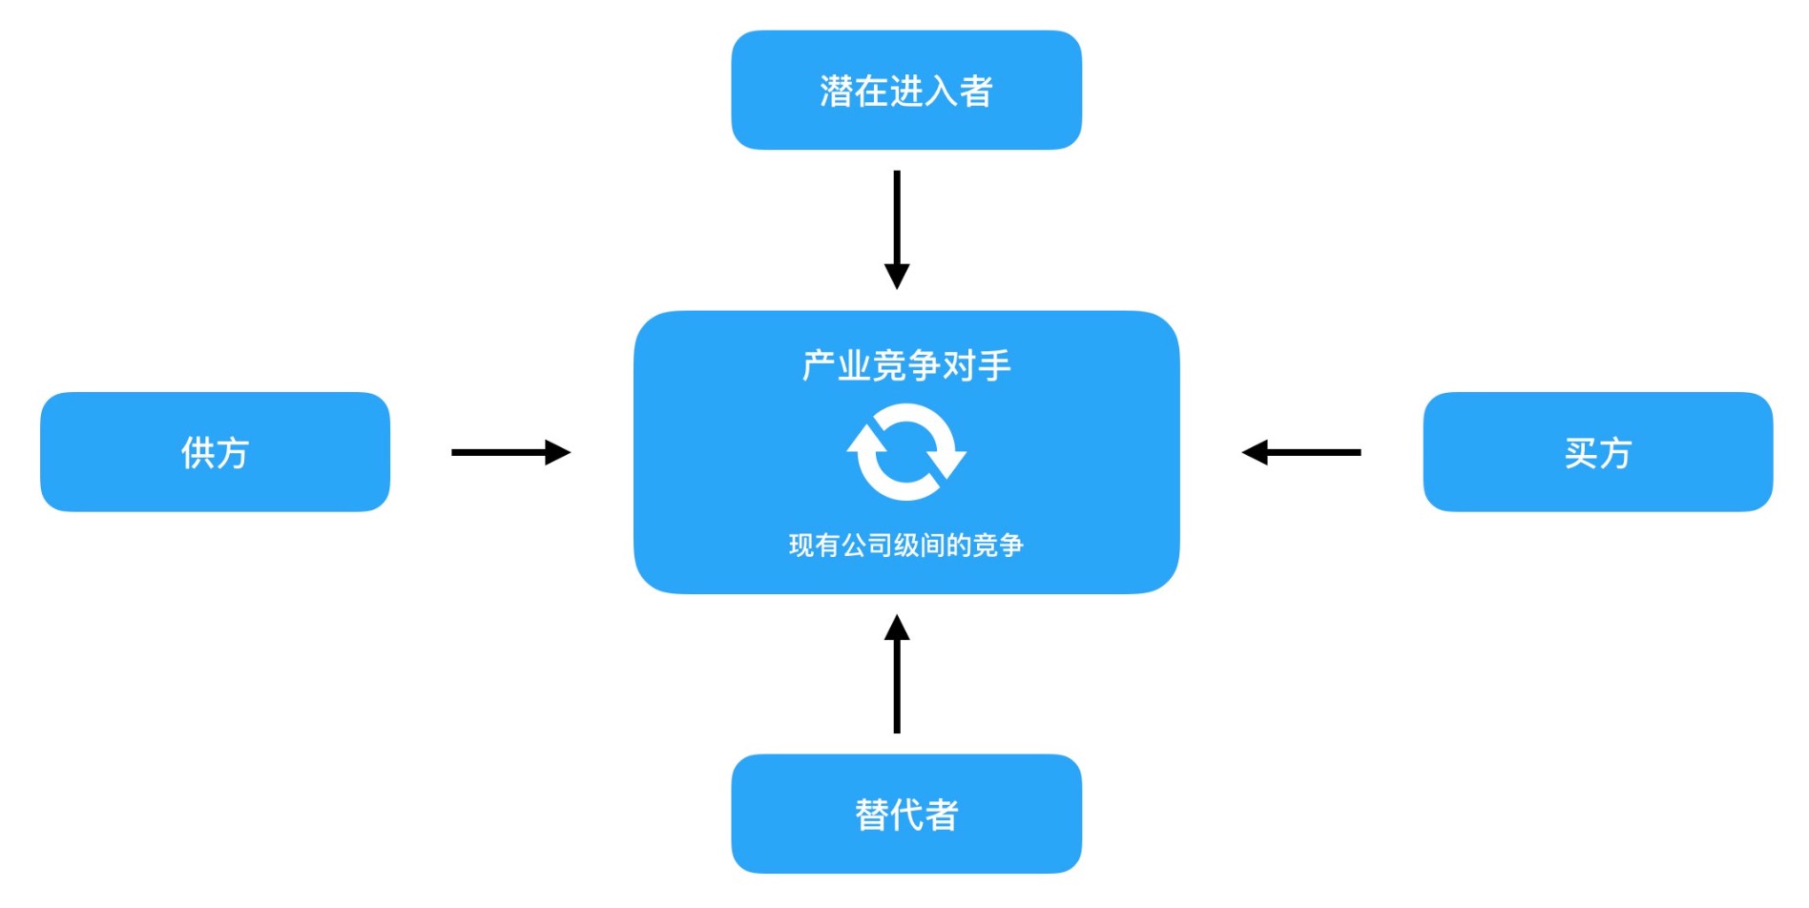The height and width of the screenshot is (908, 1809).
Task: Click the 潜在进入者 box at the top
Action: click(x=905, y=90)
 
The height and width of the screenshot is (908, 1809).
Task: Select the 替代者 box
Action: click(x=905, y=814)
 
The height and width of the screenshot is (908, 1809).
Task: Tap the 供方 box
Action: click(x=215, y=452)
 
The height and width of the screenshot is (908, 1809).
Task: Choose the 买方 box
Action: click(x=1597, y=452)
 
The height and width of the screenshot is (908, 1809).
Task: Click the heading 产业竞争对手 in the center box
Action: click(x=905, y=365)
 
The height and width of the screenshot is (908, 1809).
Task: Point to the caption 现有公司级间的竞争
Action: click(x=905, y=545)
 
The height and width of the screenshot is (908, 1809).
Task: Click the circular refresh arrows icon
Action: click(x=905, y=452)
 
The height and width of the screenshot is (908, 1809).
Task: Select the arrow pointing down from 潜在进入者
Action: click(x=896, y=229)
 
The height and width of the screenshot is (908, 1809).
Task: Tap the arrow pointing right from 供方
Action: click(x=510, y=452)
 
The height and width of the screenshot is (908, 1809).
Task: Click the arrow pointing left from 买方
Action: click(x=1301, y=452)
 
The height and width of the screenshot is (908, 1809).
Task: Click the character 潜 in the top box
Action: click(x=836, y=92)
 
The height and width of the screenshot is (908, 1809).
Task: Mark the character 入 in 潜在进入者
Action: click(x=941, y=92)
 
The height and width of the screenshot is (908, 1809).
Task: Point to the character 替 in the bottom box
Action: click(x=871, y=815)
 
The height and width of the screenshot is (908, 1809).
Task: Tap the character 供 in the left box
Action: click(x=197, y=453)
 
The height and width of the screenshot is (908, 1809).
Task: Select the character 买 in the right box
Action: click(x=1580, y=453)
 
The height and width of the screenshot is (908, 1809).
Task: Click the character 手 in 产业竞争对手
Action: click(x=994, y=365)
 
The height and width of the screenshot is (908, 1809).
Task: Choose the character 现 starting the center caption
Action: click(x=800, y=546)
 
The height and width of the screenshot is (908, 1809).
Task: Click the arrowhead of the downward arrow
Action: click(x=896, y=276)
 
